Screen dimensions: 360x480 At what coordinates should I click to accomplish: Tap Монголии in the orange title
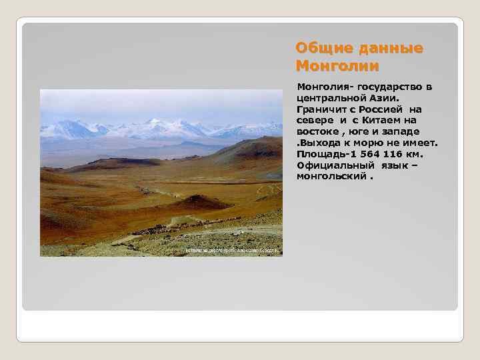337,66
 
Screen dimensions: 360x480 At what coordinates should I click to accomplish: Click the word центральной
330,98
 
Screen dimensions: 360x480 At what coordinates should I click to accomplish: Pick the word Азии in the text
385,98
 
